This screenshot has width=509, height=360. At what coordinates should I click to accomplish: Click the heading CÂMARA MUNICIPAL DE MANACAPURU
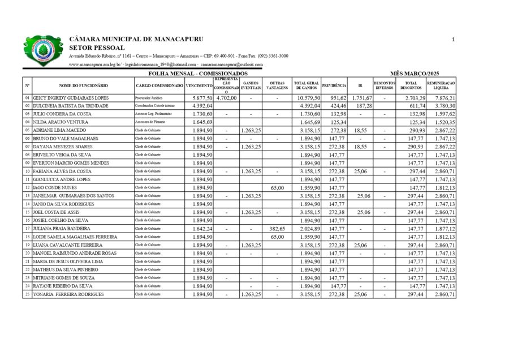point(136,39)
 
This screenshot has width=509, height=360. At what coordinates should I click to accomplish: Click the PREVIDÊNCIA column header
point(334,85)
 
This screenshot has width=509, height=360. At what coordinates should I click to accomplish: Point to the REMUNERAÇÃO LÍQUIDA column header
point(441,85)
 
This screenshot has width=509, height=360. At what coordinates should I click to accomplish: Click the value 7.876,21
point(445,98)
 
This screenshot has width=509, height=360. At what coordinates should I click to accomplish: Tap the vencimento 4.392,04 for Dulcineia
point(202,106)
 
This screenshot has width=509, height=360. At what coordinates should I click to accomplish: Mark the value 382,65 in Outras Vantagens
point(275,229)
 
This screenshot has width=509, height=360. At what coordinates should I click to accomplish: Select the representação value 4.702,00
point(226,98)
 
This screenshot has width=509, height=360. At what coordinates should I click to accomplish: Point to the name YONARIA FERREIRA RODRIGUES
point(68,294)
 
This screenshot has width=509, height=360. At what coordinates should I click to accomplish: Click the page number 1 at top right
point(454,40)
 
